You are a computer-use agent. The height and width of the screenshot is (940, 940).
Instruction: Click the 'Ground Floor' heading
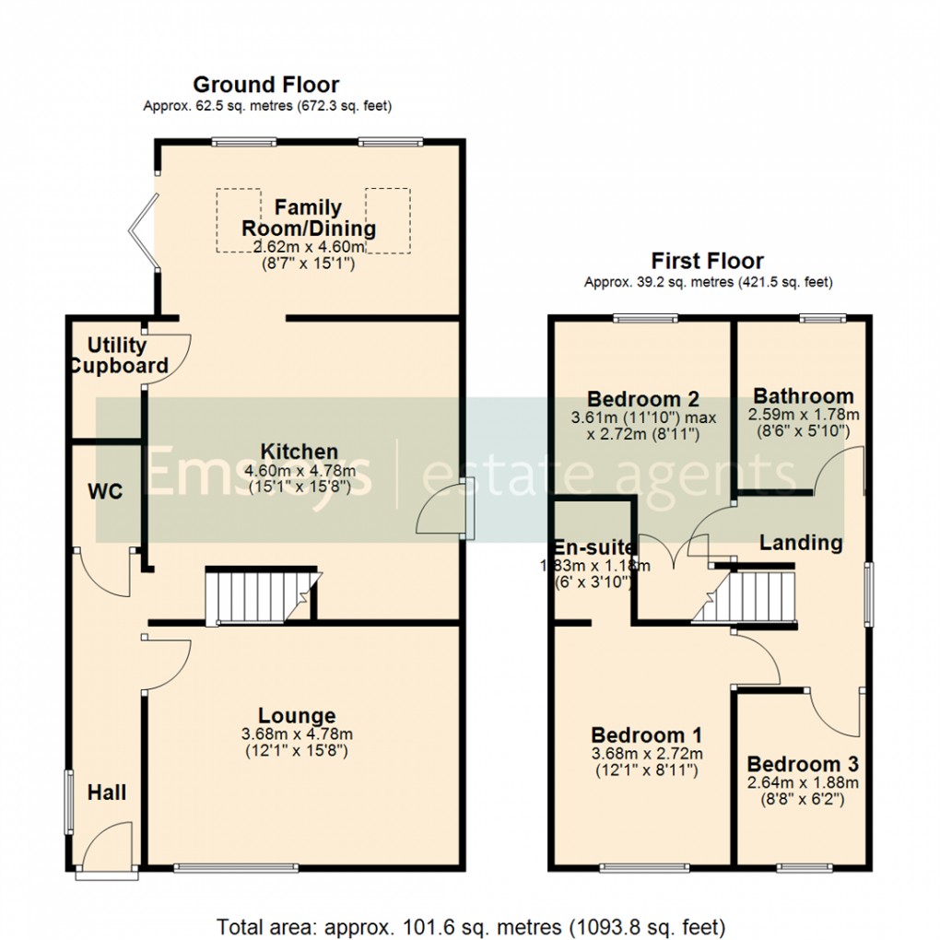265,86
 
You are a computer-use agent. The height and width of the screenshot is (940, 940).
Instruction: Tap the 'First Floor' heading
707,261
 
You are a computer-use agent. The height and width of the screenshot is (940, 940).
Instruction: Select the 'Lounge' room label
297,716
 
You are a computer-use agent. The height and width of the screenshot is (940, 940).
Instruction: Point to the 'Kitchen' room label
299,452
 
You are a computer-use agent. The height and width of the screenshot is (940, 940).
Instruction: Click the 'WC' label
105,491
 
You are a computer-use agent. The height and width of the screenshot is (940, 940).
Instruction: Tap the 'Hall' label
107,792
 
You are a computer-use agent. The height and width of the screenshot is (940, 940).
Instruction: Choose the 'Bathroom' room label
801,397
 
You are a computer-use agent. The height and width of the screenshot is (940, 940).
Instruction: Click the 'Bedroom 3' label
802,764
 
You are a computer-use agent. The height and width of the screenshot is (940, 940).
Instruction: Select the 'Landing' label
800,543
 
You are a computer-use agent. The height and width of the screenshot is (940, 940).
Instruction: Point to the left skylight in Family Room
238,219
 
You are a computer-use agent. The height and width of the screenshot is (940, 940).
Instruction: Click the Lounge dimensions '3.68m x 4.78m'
297,734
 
